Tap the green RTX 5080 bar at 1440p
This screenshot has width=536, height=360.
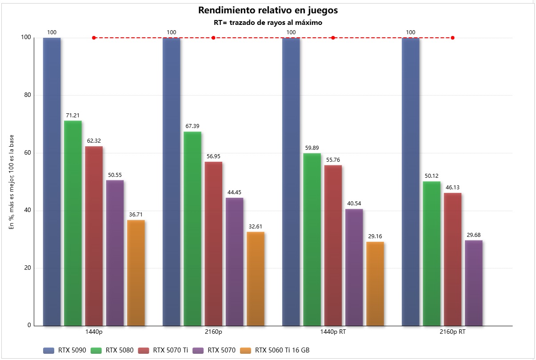pyautogui.click(x=73, y=222)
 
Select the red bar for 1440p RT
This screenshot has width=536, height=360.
pyautogui.click(x=333, y=245)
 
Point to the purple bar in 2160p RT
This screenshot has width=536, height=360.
pyautogui.click(x=473, y=283)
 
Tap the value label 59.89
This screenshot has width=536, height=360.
pyautogui.click(x=312, y=148)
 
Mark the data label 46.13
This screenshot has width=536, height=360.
pyautogui.click(x=452, y=188)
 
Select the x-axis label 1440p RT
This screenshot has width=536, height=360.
pyautogui.click(x=333, y=332)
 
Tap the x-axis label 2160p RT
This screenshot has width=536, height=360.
pyautogui.click(x=452, y=332)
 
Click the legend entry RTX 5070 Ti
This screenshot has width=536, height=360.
pyautogui.click(x=164, y=351)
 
